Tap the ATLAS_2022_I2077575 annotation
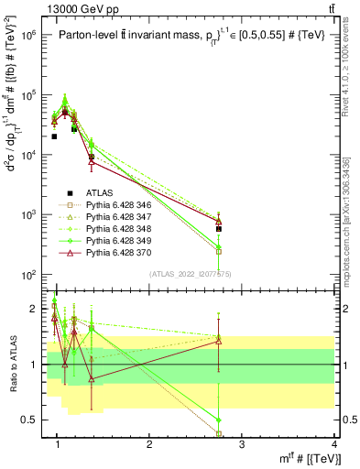click(190, 273)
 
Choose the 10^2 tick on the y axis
click(27, 275)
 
